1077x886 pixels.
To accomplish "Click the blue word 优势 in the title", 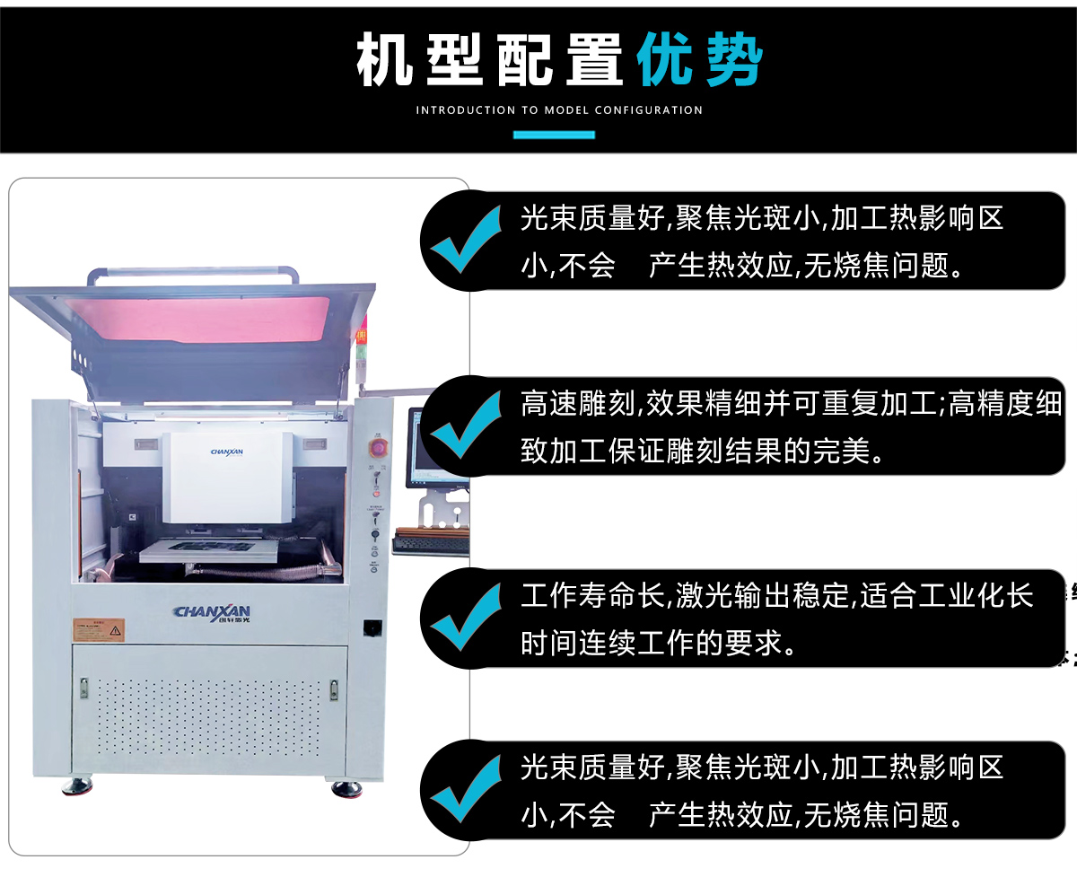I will point(699,61).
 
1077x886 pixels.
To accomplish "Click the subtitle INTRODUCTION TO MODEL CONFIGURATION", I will point(559,110).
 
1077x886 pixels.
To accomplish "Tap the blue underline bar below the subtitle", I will point(554,135).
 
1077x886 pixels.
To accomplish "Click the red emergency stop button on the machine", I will point(378,447).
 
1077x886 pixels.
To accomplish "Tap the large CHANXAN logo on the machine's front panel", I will point(212,612).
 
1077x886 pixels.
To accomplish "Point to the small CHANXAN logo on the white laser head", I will point(226,454).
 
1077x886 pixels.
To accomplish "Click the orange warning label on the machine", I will point(99,629).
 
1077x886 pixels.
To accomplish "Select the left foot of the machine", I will point(77,787).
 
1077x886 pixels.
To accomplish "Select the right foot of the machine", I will point(346,788).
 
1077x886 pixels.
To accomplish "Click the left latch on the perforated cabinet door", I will point(83,688).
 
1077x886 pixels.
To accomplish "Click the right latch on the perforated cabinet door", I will point(334,689).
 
